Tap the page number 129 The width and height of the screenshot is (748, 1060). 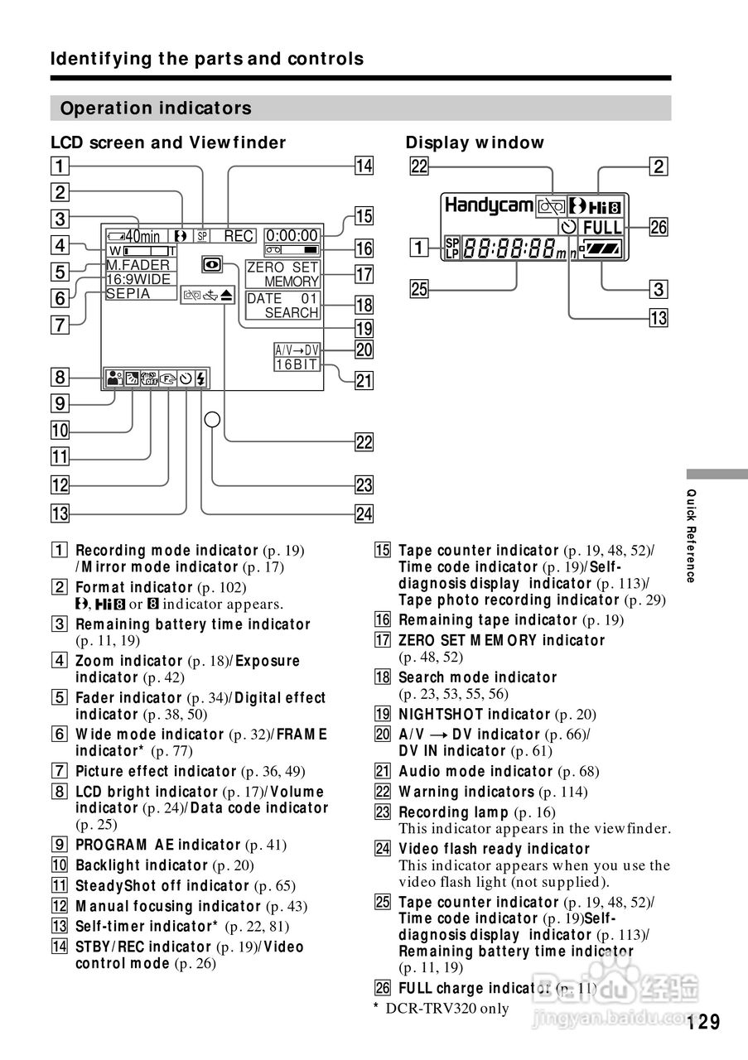(703, 1022)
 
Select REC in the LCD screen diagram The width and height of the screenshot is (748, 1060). (239, 236)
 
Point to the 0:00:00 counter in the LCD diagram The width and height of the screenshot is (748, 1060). (292, 236)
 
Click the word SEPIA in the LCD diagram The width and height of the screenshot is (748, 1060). (128, 294)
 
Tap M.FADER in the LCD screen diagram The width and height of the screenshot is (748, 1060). (138, 265)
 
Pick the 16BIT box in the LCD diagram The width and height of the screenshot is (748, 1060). (297, 364)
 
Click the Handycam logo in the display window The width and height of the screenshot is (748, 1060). (489, 205)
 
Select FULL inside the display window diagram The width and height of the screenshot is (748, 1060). (602, 228)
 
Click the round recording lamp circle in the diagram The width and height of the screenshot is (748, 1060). (213, 420)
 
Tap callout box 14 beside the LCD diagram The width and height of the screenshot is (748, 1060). (364, 166)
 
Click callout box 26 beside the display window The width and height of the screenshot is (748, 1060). (659, 226)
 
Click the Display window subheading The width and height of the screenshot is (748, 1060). (475, 142)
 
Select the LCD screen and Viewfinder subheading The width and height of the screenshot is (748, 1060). (168, 142)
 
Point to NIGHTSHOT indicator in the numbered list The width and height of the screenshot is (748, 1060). (475, 714)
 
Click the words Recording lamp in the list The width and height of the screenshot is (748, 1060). (453, 812)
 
